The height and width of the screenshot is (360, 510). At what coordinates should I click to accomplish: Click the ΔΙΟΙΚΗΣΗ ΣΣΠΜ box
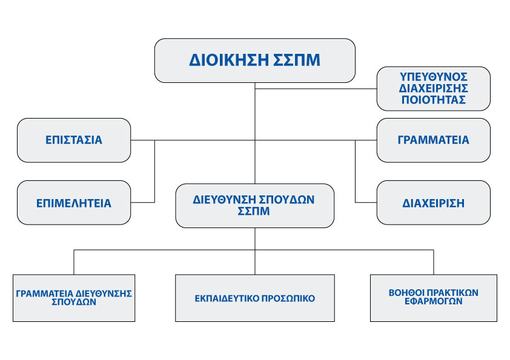pos(254,61)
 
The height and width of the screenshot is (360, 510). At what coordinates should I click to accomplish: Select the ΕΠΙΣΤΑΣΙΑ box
pos(74,140)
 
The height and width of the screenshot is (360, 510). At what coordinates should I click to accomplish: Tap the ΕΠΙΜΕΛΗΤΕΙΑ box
pos(74,203)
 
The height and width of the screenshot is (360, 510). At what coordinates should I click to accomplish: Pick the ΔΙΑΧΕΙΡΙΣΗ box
pos(433,203)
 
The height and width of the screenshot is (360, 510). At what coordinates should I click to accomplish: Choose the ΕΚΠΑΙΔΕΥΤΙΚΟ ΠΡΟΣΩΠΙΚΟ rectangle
pos(254,298)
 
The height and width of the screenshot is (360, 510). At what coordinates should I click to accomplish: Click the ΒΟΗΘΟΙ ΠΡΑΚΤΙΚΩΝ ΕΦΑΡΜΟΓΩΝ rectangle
pos(434,298)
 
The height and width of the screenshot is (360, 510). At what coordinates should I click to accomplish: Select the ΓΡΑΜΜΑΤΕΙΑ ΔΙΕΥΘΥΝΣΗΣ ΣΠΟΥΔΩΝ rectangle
pos(74,298)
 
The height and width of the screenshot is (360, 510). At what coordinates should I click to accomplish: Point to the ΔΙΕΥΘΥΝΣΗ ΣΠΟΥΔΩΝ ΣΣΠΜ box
pos(254,206)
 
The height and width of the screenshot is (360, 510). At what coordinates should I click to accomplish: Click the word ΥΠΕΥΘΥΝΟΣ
pos(433,77)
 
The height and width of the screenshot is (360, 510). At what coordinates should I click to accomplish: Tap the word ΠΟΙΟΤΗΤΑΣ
pos(433,100)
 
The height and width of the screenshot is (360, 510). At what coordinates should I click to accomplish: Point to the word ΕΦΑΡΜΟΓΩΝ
pos(433,301)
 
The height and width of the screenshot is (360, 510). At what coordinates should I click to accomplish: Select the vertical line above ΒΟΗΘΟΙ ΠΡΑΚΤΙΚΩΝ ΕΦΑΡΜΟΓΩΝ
pos(434,262)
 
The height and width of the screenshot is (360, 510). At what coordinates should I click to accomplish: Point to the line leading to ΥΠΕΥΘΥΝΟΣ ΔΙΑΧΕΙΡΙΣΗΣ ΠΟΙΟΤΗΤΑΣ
pos(316,88)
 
